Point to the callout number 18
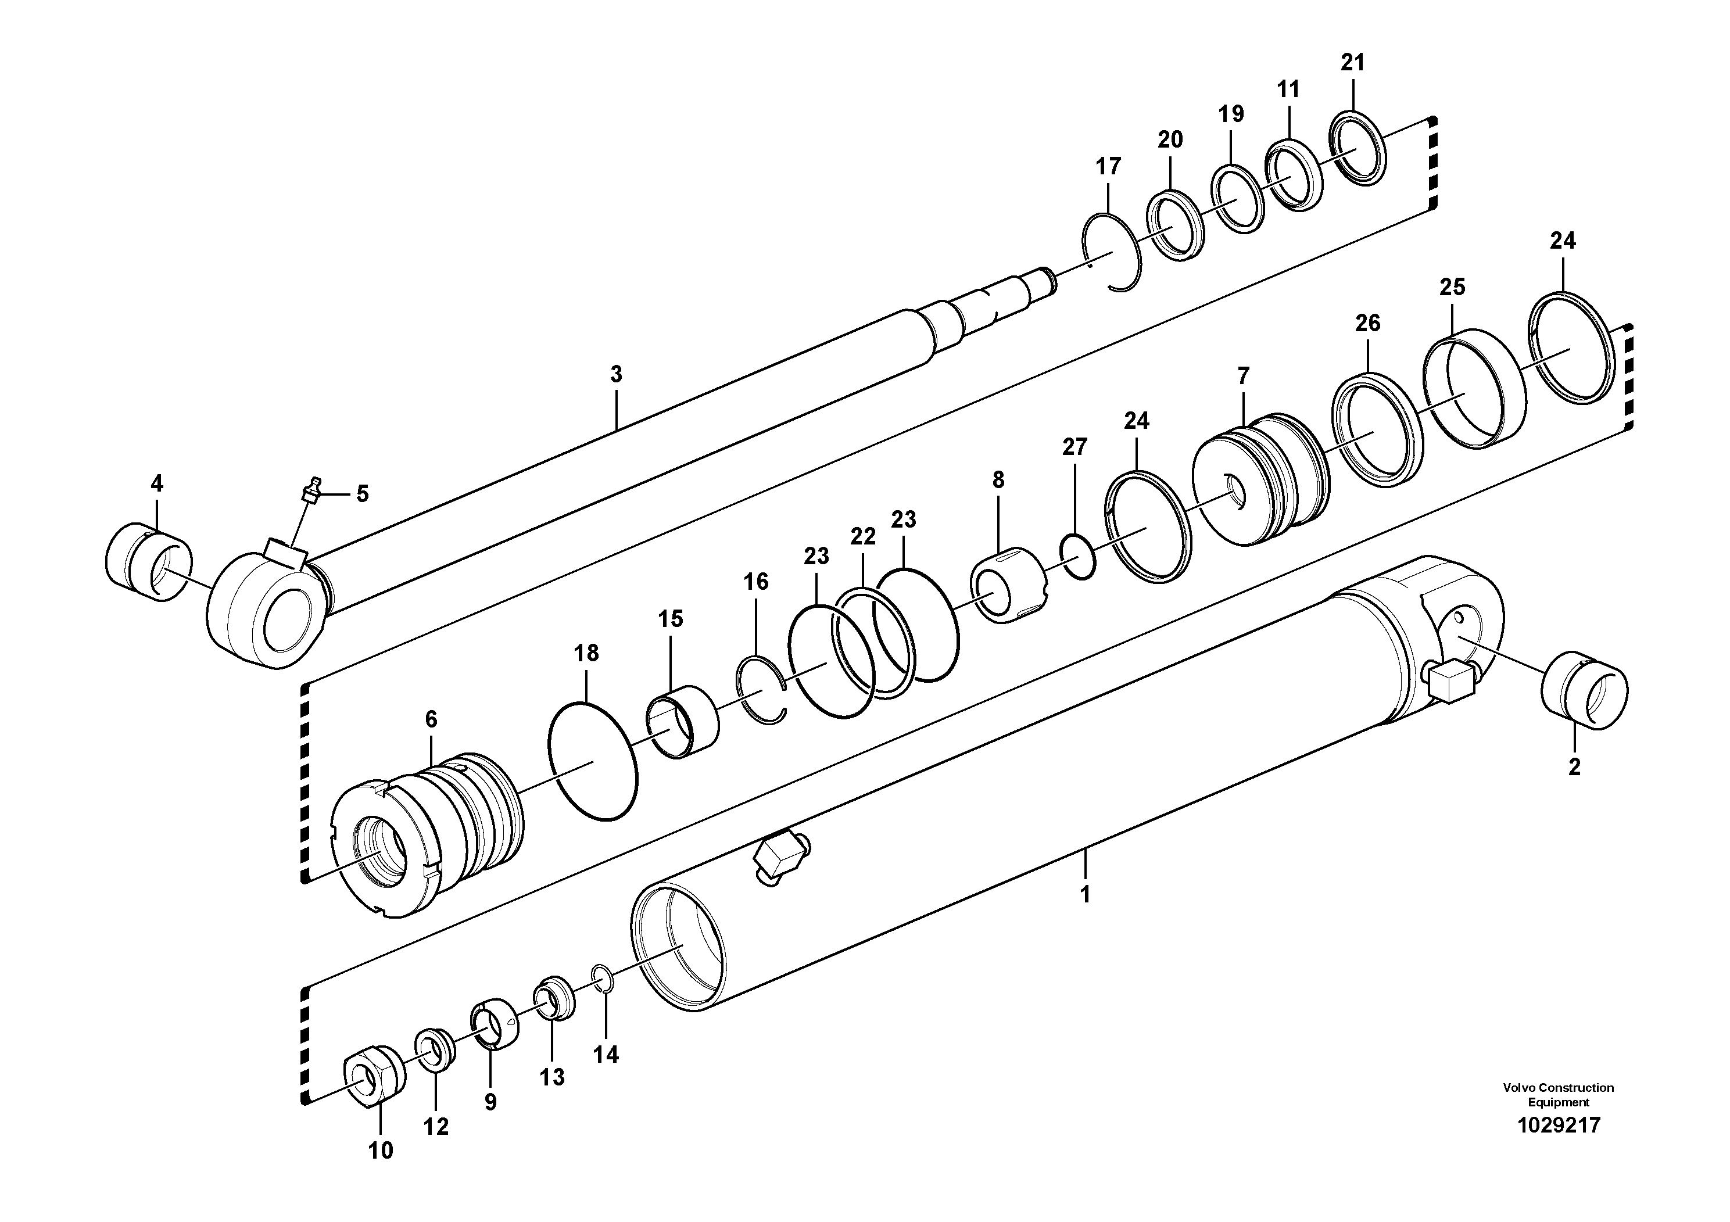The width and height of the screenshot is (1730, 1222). coord(586,653)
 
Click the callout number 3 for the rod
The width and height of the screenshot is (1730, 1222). coord(617,374)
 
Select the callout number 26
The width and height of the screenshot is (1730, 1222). coord(1367,323)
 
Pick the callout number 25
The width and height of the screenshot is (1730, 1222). coord(1452,287)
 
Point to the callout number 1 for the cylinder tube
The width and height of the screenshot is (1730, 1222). coord(1085,895)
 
